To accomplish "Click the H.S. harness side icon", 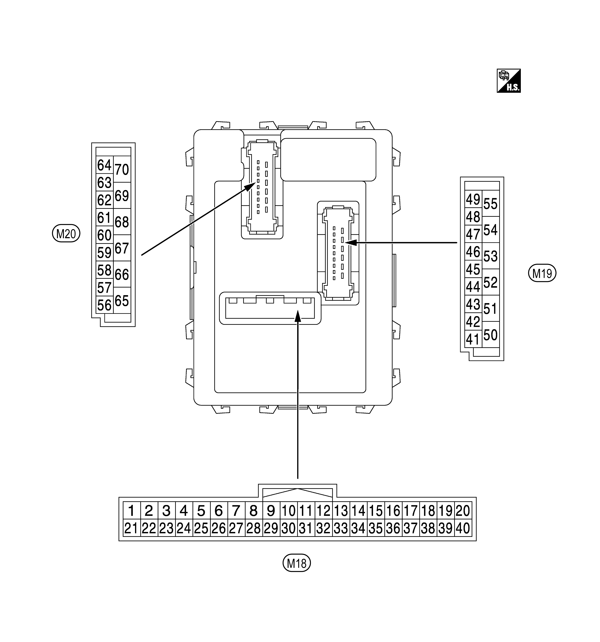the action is point(508,81).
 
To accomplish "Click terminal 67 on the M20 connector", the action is point(122,248).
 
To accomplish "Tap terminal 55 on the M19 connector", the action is point(491,203).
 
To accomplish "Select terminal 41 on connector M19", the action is point(473,339).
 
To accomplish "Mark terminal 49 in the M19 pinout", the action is point(473,199).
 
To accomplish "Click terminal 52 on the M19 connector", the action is point(491,282).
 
